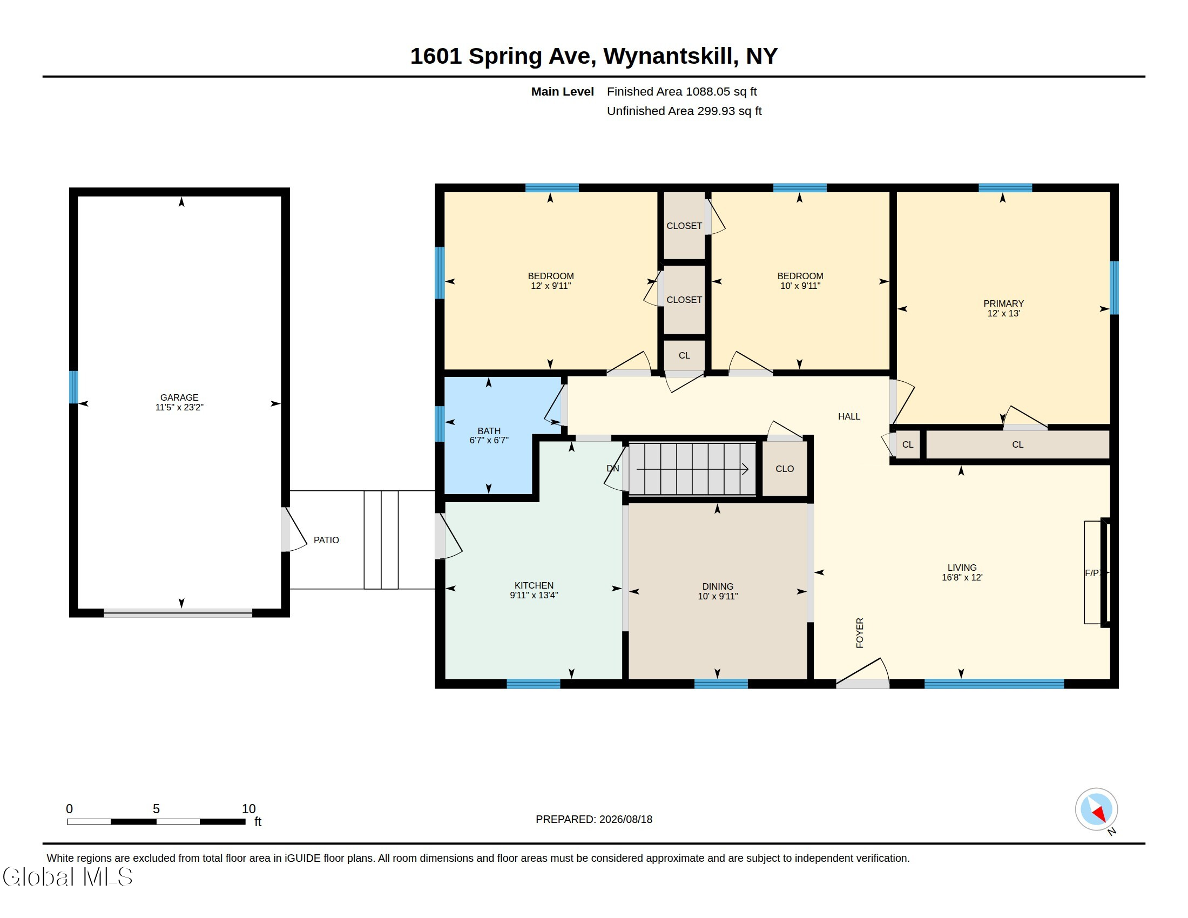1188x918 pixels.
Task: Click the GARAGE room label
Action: click(x=179, y=397)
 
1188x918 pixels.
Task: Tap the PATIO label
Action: click(x=326, y=540)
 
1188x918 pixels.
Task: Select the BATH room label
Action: click(x=489, y=431)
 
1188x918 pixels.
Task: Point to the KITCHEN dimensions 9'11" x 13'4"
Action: click(x=534, y=595)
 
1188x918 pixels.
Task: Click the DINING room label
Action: click(x=718, y=586)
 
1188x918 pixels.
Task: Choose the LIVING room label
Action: click(x=962, y=567)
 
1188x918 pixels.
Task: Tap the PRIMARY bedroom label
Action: click(x=1004, y=303)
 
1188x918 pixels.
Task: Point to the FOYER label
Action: click(x=860, y=632)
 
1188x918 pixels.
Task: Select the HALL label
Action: click(x=849, y=416)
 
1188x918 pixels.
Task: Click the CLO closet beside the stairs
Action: click(x=785, y=469)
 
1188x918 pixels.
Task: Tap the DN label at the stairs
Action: click(x=612, y=468)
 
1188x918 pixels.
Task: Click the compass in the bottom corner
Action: click(x=1096, y=809)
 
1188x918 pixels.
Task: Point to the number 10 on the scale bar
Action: click(x=248, y=809)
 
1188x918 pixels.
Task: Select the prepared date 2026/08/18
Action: click(x=625, y=819)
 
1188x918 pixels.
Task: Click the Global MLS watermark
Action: click(x=67, y=876)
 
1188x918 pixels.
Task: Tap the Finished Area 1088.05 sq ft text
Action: click(x=681, y=91)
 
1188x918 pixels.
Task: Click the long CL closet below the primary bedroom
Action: click(x=1017, y=444)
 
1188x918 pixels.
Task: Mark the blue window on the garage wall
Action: click(x=73, y=387)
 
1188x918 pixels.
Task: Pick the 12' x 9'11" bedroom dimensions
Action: click(x=550, y=286)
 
